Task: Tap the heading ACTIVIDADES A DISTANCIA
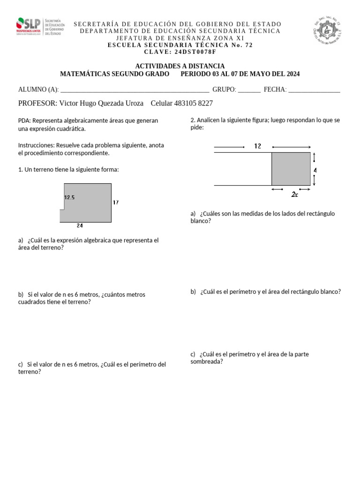[180, 66]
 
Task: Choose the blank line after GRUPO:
[249, 90]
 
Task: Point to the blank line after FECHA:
[314, 90]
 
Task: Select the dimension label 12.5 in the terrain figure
[69, 198]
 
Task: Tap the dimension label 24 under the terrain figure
[80, 225]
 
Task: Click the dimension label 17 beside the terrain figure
[116, 202]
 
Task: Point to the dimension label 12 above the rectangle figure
[257, 146]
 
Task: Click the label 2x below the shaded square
[294, 194]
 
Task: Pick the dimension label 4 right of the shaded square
[315, 170]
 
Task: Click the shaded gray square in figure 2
[291, 169]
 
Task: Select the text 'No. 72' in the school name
[242, 45]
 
